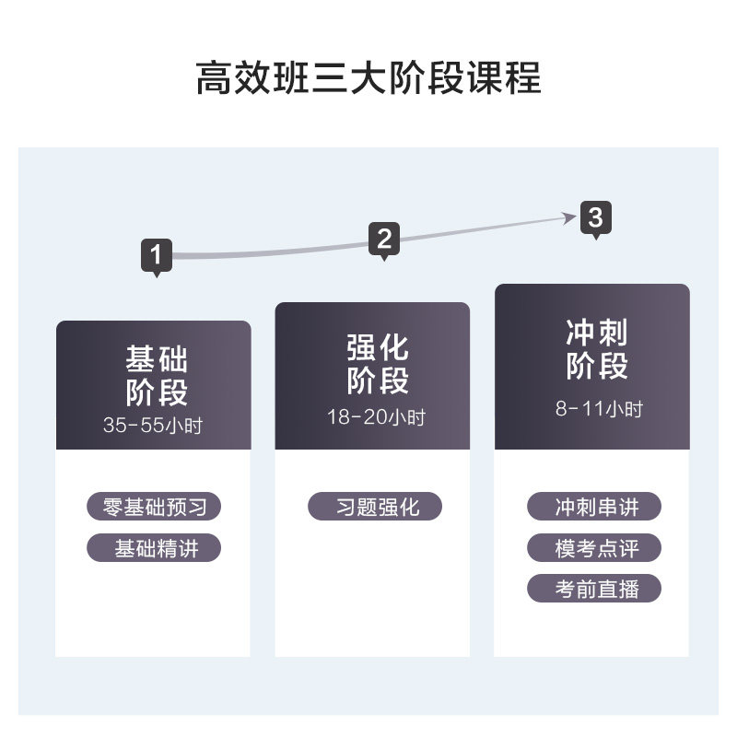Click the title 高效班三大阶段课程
point(368,79)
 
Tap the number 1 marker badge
point(157,254)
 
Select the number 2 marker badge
point(384,240)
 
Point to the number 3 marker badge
point(596,218)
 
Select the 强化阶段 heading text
point(377,365)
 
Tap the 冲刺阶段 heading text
point(596,349)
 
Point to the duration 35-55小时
point(153,426)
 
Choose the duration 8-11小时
point(598,409)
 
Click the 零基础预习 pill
point(154,507)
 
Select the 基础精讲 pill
point(155,548)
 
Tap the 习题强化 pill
point(375,507)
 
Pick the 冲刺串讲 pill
point(595,507)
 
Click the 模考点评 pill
point(595,548)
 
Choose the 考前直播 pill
point(595,589)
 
